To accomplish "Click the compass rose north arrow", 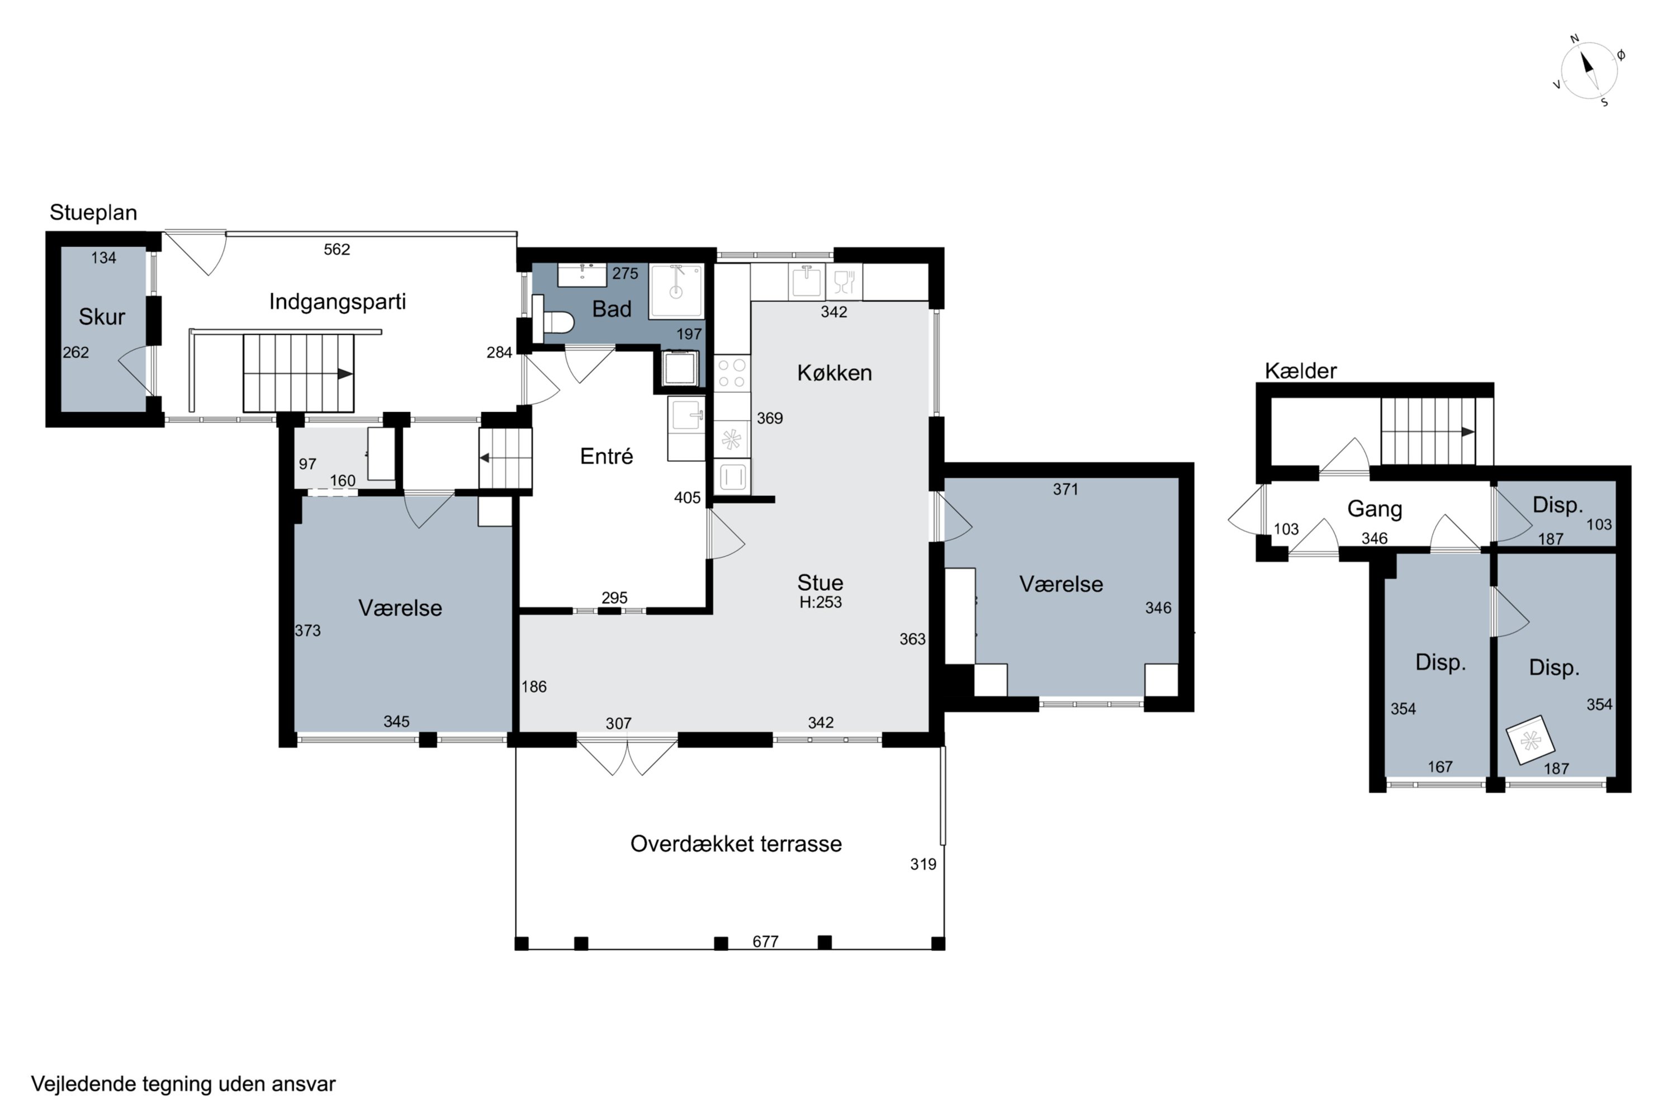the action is (x=1588, y=65).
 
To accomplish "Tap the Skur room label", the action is (x=102, y=316).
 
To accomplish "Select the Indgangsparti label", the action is (x=337, y=302).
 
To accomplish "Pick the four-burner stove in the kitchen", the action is (x=732, y=373).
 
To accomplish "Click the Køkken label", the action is (x=834, y=373).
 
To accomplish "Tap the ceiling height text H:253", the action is (x=821, y=603).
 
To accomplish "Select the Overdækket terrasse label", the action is (x=736, y=844).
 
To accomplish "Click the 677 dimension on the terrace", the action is (x=765, y=942).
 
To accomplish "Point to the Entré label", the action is (x=606, y=456).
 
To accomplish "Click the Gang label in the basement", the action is (x=1375, y=509).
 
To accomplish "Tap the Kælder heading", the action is (x=1301, y=371).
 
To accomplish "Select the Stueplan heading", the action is (x=93, y=212).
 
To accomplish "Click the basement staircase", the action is (x=1428, y=432).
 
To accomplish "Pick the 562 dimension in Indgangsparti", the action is (x=337, y=249).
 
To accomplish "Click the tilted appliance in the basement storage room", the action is (x=1530, y=740).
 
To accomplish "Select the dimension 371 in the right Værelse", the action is (x=1065, y=489).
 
